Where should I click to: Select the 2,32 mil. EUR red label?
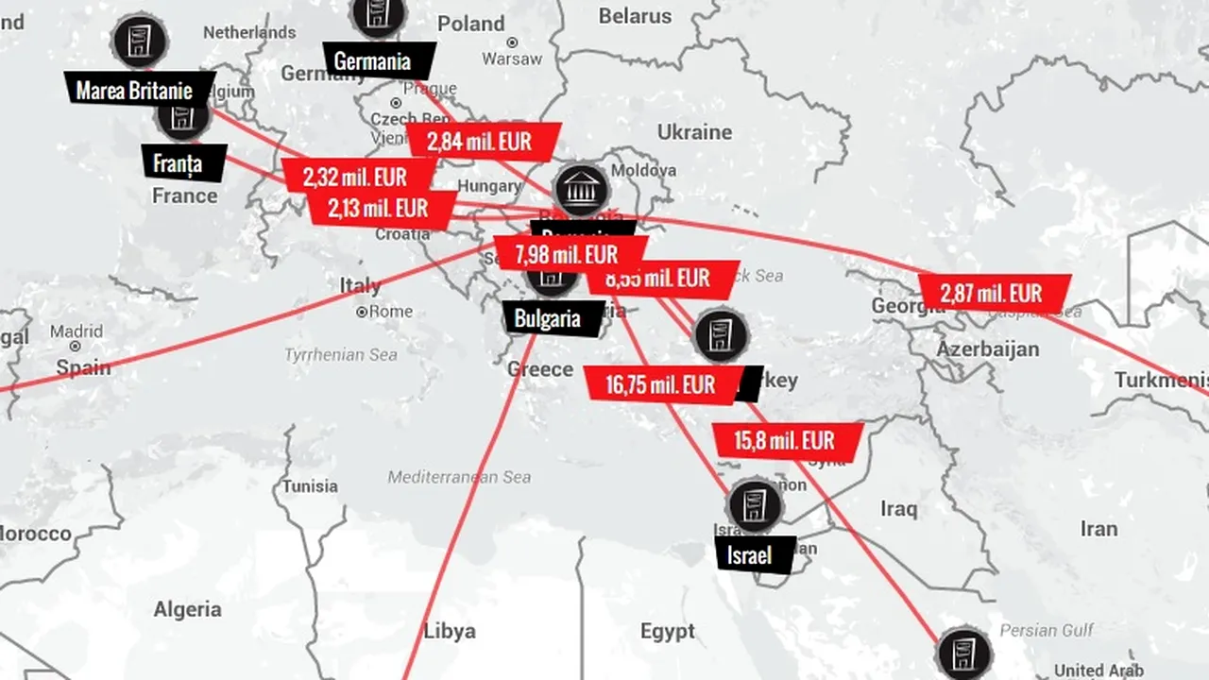(x=356, y=177)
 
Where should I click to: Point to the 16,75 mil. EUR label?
(x=661, y=384)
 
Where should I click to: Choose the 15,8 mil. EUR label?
(x=786, y=440)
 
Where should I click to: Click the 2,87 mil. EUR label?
(x=994, y=293)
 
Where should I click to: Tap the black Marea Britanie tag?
(x=136, y=90)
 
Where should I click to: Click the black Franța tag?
(x=179, y=162)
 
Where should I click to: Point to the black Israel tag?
(x=751, y=554)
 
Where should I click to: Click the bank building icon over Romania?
(x=582, y=190)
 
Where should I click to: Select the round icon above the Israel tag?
(x=754, y=505)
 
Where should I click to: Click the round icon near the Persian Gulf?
(x=964, y=654)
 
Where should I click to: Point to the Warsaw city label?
(x=512, y=59)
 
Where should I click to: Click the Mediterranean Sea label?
(x=459, y=477)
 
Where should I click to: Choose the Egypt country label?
(x=667, y=631)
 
